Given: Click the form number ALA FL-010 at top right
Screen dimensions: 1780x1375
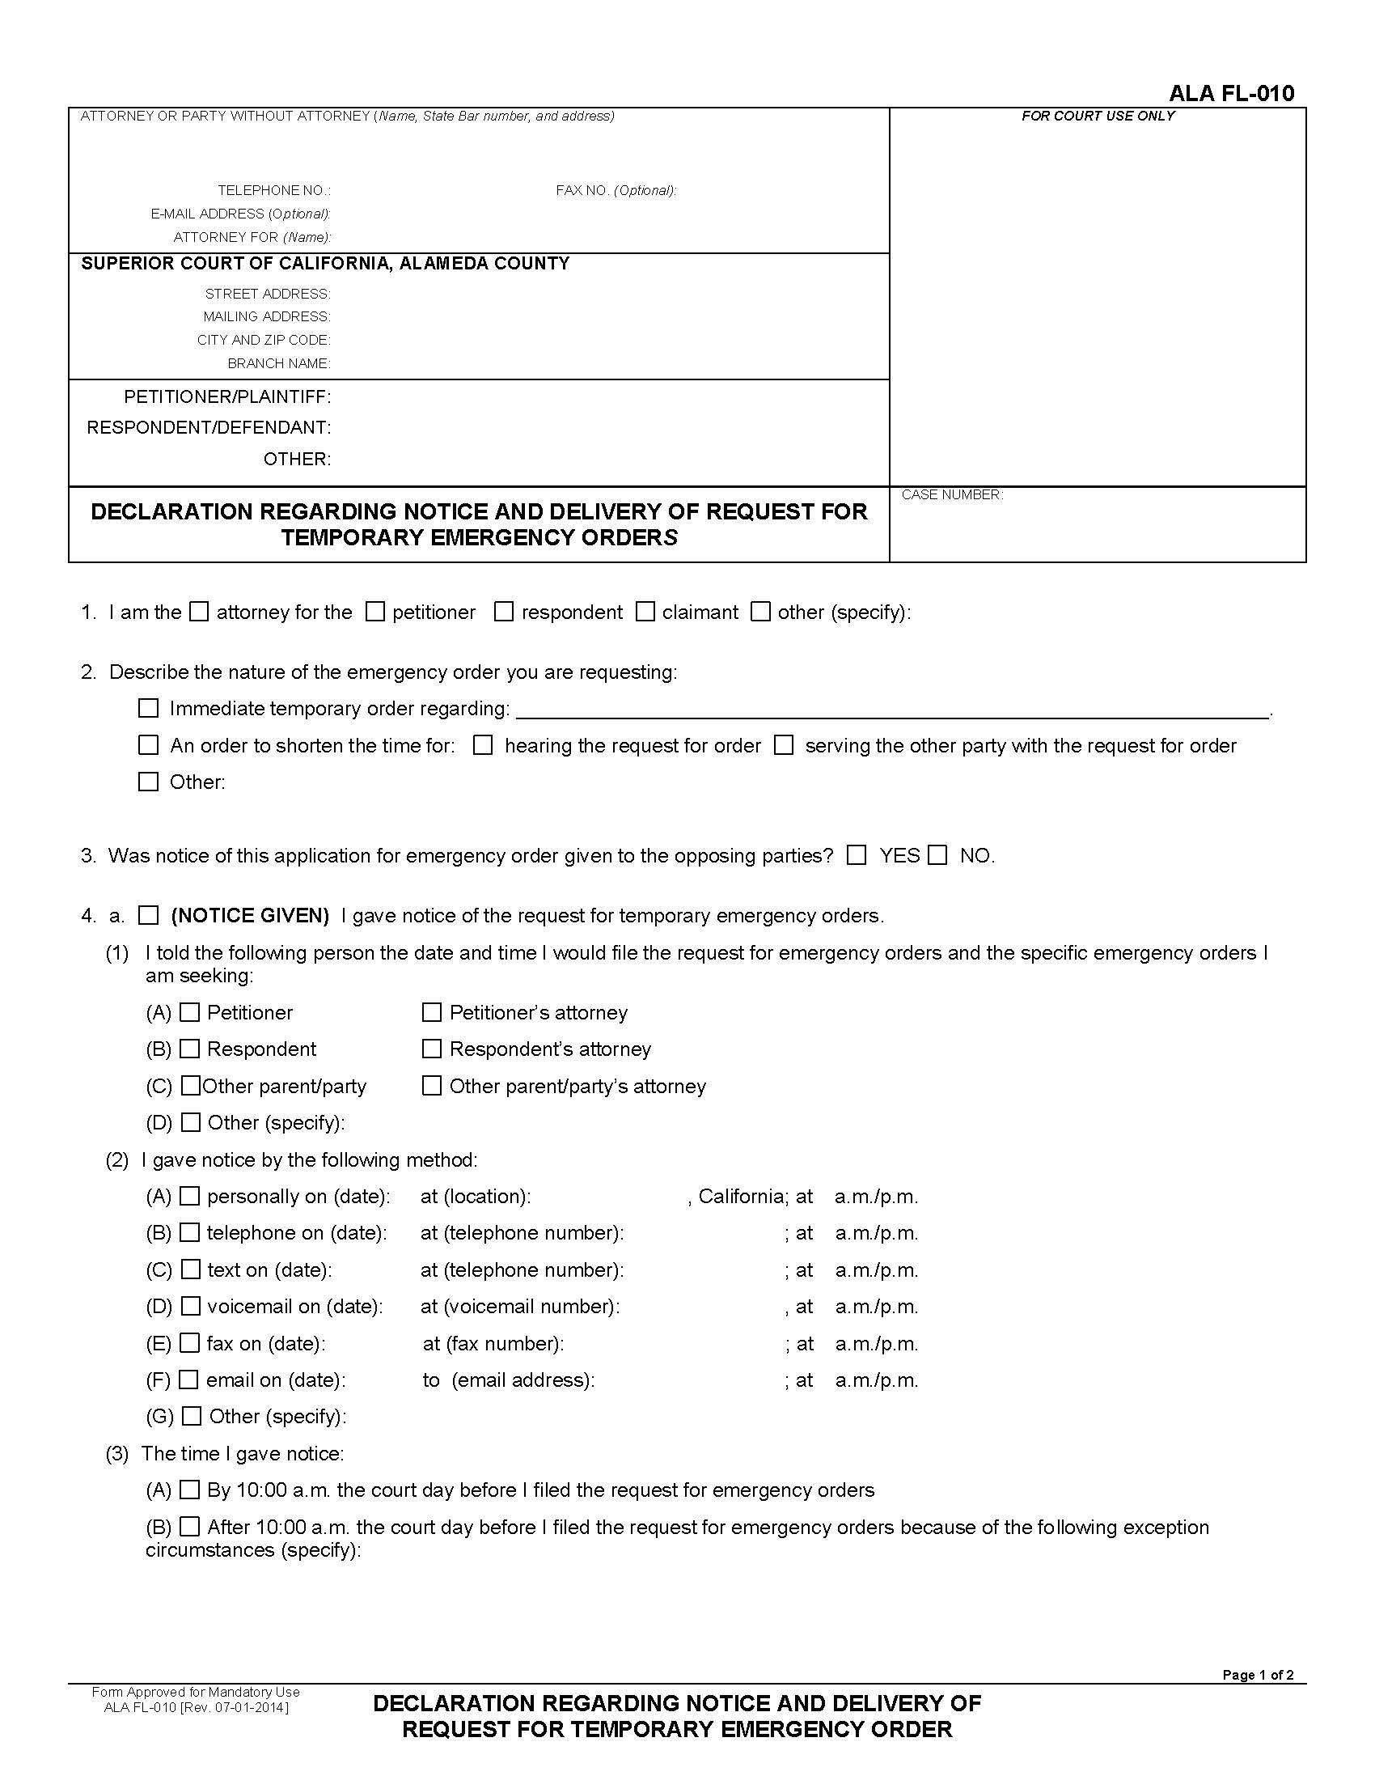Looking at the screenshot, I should click(1231, 93).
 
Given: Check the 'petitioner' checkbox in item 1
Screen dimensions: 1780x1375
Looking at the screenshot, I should click(374, 611).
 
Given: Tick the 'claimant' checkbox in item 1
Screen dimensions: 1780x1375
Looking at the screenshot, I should click(645, 611).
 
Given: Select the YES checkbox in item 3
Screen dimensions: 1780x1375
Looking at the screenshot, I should click(857, 855).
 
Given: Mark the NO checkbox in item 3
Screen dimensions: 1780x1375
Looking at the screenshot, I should click(938, 855).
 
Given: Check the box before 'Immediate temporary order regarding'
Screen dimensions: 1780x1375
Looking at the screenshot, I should click(148, 707).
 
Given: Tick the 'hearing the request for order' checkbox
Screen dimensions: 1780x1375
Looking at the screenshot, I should click(483, 745).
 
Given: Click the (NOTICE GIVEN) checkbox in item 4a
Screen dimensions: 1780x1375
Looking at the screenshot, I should click(148, 915).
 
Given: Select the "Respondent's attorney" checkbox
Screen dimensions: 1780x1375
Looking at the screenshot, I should click(432, 1048).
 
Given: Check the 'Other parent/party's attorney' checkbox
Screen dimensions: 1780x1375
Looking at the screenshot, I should click(432, 1086).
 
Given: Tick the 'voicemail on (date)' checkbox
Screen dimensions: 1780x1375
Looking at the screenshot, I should click(190, 1306).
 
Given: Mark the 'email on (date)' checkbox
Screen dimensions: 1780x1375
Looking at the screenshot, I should click(189, 1379).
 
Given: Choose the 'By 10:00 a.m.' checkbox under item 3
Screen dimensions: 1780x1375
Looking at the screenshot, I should click(189, 1490).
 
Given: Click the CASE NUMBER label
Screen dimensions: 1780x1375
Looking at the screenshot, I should click(951, 494).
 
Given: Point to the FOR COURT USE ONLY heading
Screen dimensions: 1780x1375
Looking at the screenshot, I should click(1098, 116).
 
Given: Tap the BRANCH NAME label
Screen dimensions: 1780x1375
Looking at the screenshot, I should click(278, 363).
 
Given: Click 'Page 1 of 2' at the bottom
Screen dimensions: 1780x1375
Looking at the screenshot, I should click(1257, 1675).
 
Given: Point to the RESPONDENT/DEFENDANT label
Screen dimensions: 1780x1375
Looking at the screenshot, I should click(209, 427).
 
